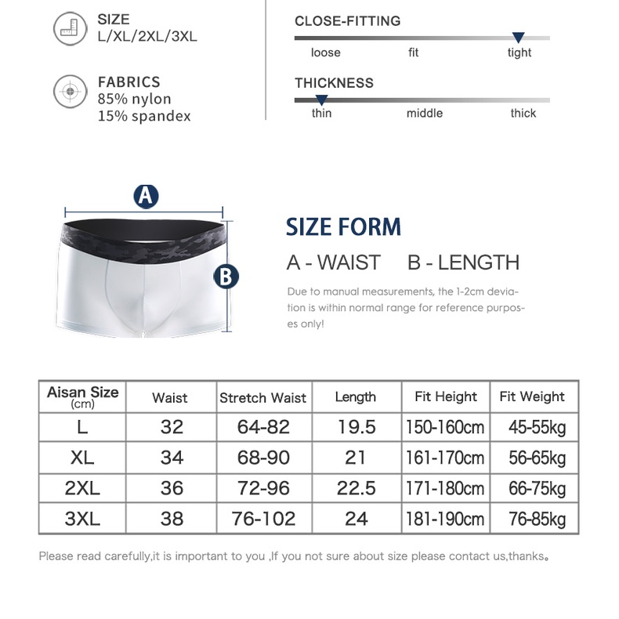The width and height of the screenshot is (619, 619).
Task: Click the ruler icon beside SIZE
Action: click(70, 29)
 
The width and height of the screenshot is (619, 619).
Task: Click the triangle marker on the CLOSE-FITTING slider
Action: click(518, 38)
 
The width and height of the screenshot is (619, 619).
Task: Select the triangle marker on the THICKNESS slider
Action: click(321, 100)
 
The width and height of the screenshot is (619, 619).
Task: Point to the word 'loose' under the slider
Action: click(325, 52)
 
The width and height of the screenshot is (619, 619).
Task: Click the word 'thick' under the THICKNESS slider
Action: click(523, 113)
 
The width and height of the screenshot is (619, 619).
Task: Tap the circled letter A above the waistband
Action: click(146, 196)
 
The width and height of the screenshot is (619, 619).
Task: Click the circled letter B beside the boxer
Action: click(226, 276)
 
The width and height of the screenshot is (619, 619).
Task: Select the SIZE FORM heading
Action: click(343, 227)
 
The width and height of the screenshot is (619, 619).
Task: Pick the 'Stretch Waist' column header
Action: click(263, 397)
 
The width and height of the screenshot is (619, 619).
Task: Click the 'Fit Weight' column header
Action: click(532, 396)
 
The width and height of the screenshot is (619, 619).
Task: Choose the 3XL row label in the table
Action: click(82, 518)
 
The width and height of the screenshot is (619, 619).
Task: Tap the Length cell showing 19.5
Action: click(356, 427)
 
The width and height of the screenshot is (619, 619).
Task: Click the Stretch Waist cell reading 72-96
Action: click(263, 488)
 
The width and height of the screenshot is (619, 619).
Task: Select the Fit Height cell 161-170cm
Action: click(445, 458)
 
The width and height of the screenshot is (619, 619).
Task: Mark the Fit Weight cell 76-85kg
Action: click(537, 519)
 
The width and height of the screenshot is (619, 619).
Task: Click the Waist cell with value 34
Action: click(171, 458)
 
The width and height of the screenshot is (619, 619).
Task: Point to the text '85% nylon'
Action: click(134, 99)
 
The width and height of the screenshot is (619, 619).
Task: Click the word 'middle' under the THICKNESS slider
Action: click(424, 113)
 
